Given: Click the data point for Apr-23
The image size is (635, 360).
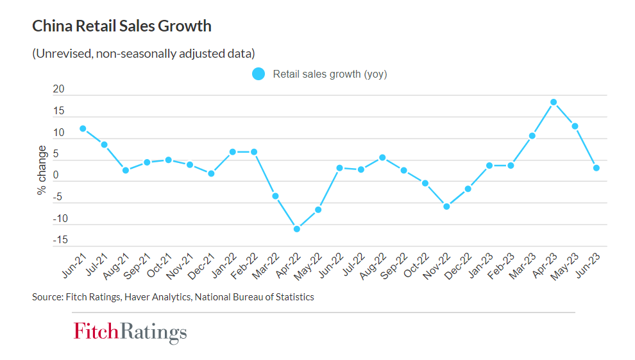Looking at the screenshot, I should [x=554, y=102].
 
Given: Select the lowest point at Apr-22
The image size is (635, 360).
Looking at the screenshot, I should [x=297, y=229].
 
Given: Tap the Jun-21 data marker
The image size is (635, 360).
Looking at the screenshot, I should [x=83, y=128].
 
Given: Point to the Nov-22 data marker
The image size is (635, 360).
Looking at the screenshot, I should [x=446, y=207].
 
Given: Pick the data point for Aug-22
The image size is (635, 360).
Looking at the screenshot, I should [x=382, y=157].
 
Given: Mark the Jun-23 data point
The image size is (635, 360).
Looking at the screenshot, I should [x=597, y=168].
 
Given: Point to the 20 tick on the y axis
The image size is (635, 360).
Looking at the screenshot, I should [x=58, y=90].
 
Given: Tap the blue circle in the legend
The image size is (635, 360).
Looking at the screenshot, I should [x=258, y=74].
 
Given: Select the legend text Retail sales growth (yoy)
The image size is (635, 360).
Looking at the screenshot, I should [x=330, y=74].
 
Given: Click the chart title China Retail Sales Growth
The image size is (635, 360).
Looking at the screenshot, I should [x=122, y=26].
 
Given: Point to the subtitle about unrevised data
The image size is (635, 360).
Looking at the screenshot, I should [x=144, y=53].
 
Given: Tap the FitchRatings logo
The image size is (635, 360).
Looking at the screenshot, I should [x=130, y=332].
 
